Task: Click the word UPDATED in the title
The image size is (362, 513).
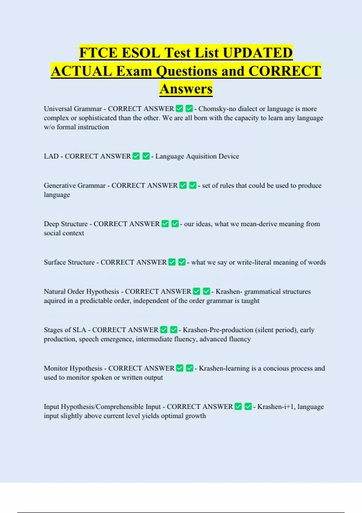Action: coord(258,53)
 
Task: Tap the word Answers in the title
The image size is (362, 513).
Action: coord(186,89)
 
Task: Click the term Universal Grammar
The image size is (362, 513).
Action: coord(73,109)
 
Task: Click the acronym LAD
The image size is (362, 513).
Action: coord(51,156)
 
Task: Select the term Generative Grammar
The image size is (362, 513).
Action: coord(75,185)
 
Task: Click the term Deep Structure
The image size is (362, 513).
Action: coord(66,224)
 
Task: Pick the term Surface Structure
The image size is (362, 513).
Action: coord(69,262)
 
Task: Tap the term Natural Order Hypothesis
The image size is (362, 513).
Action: coord(81,292)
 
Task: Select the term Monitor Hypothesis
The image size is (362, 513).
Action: coord(73,368)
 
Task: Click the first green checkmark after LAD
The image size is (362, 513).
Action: coord(136,156)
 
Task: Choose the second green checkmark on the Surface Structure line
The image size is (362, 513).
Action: coord(182,262)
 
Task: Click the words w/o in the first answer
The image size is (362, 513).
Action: coord(49,127)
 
